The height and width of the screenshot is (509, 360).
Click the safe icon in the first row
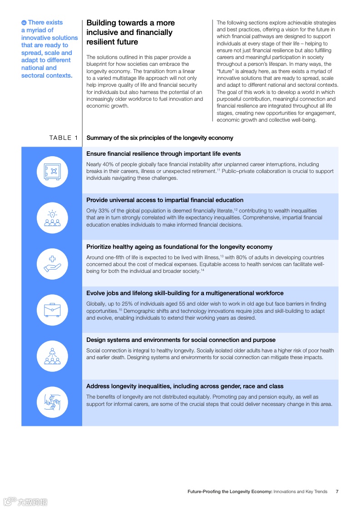(x=52, y=172)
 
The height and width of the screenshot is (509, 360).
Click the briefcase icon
(x=52, y=310)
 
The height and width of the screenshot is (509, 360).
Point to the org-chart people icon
(x=52, y=356)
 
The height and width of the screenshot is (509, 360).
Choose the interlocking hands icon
(x=52, y=402)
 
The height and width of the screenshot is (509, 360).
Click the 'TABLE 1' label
(x=64, y=138)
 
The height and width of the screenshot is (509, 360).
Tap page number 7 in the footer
(x=337, y=491)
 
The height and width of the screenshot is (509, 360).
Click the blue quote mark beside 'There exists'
(x=24, y=23)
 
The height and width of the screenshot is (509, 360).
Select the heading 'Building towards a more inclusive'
(x=130, y=32)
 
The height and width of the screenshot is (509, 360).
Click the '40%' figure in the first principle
(x=109, y=164)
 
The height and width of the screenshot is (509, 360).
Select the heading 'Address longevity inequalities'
(x=185, y=386)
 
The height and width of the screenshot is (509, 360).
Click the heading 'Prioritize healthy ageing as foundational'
(x=179, y=247)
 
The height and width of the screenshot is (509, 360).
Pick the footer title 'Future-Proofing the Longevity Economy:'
(x=230, y=491)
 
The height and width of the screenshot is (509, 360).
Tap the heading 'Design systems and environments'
(x=181, y=340)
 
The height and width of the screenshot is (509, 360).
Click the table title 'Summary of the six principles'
(x=160, y=138)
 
